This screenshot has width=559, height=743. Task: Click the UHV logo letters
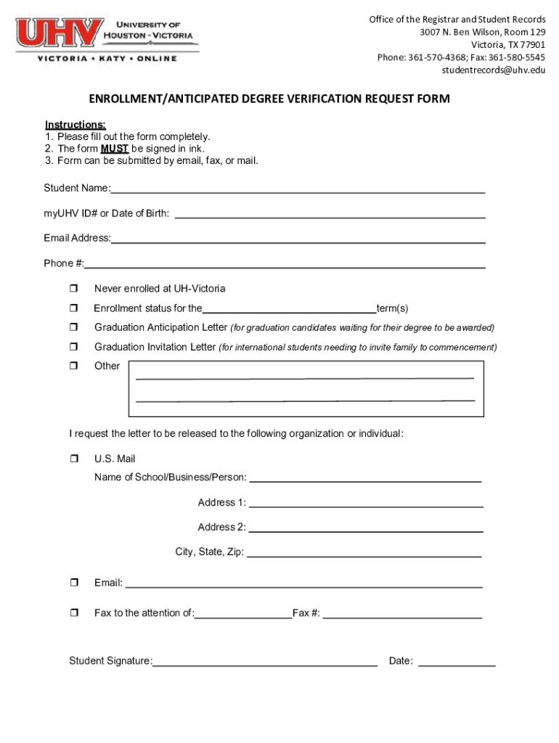coord(60,33)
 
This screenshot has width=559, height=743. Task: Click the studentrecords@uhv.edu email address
coord(493,70)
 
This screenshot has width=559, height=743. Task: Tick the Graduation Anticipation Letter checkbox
coord(73,328)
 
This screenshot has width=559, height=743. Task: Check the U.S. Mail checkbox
coord(73,459)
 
